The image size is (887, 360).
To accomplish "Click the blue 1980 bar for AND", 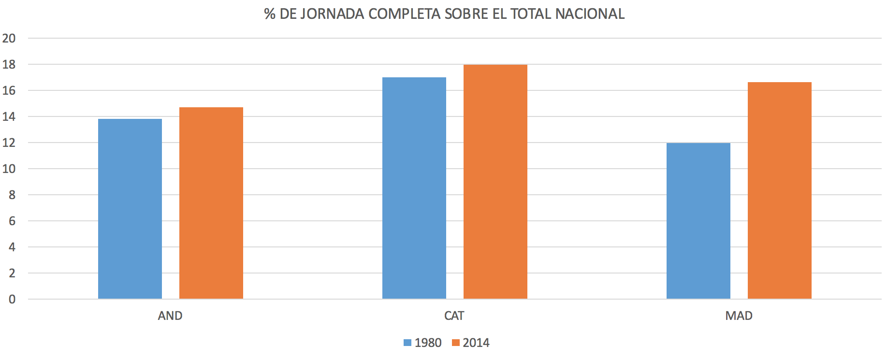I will (130, 209).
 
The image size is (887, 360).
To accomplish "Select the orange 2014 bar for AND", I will (211, 203).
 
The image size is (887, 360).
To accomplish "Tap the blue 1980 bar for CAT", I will (414, 188).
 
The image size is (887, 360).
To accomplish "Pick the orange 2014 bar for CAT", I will (495, 182).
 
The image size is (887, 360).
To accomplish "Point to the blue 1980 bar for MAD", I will (698, 221).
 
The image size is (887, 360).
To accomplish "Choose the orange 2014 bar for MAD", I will (780, 190).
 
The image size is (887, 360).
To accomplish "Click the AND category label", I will (170, 316).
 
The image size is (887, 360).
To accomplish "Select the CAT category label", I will (454, 316).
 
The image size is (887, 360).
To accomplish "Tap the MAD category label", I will (739, 316).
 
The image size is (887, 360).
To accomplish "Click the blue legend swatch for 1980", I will (407, 343).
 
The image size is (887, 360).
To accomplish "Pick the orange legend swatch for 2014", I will (455, 343).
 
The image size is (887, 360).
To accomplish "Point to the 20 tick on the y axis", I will (9, 38).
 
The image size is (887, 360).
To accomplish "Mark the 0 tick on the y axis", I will (12, 299).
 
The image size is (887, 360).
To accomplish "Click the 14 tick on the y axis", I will (9, 116).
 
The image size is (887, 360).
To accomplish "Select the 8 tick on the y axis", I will (12, 195).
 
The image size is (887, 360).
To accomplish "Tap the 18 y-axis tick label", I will (9, 64).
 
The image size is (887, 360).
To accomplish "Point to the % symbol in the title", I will (270, 14).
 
